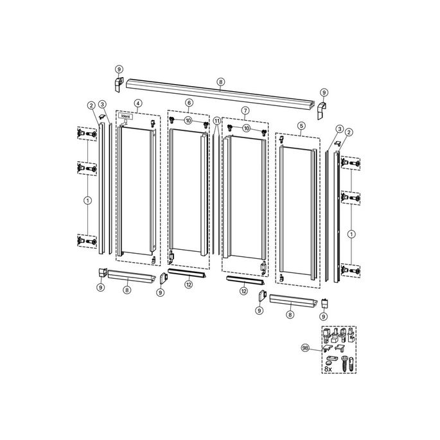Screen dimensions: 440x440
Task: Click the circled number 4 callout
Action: [138, 103]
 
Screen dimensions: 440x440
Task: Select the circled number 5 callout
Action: [301, 126]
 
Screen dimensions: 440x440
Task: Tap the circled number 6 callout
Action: [189, 103]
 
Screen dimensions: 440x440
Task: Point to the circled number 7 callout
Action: [245, 110]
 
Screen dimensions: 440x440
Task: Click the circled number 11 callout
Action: [217, 121]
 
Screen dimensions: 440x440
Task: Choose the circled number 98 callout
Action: [305, 348]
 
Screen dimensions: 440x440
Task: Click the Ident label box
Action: [126, 116]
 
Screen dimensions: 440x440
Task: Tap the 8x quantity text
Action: [328, 369]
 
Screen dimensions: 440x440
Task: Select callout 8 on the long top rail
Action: [221, 82]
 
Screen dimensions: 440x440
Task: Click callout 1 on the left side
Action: [88, 200]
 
